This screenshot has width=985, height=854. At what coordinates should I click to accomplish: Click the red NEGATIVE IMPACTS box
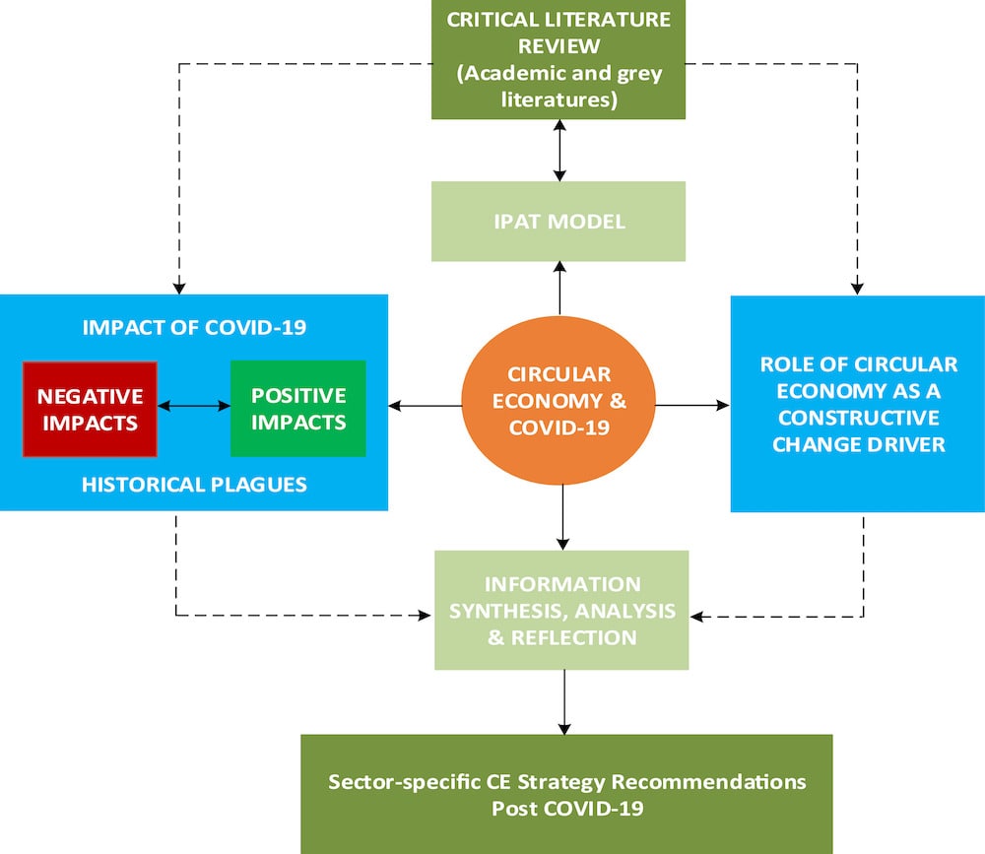(90, 409)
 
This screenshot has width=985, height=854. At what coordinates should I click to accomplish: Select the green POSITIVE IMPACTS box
(297, 409)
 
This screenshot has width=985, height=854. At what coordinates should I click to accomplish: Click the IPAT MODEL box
(558, 222)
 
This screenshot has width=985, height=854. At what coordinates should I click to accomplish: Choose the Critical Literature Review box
(558, 59)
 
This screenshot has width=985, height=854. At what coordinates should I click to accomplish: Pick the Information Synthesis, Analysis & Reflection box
(561, 610)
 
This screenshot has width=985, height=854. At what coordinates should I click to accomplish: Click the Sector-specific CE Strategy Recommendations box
(565, 793)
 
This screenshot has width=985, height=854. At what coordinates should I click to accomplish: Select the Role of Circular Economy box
(857, 404)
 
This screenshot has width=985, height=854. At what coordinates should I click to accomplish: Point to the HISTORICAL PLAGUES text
(194, 485)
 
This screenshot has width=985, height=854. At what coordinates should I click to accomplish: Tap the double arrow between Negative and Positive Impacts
(193, 404)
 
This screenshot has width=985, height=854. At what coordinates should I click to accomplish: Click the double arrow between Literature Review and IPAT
(559, 150)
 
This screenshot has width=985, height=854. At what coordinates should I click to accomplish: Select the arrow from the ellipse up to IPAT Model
(559, 288)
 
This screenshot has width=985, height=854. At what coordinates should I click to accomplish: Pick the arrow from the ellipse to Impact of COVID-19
(426, 404)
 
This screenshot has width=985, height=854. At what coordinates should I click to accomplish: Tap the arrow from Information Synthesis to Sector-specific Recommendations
(563, 701)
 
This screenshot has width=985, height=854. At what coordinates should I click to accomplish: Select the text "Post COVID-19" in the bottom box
(565, 808)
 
